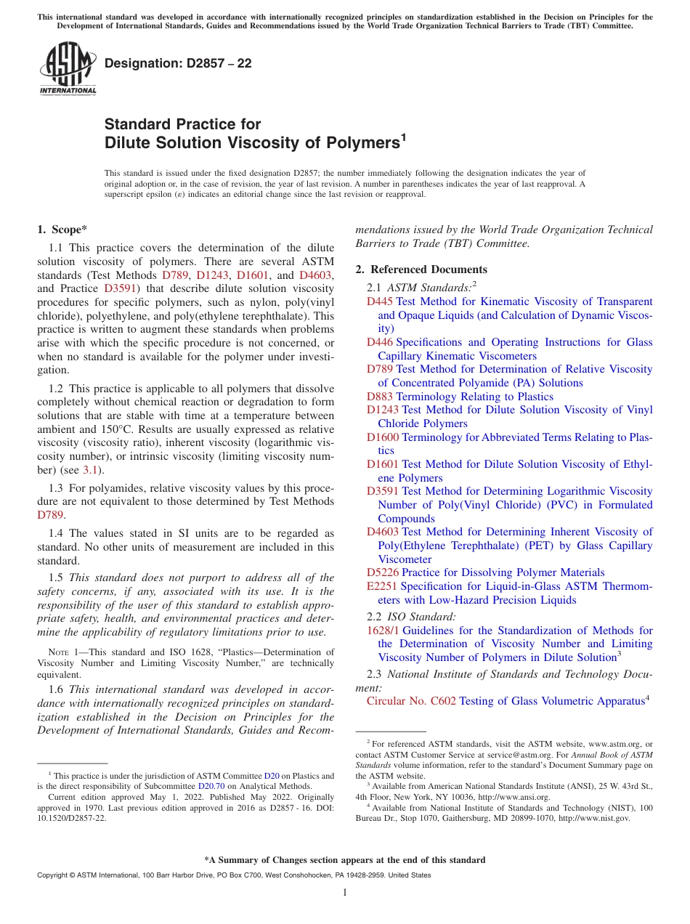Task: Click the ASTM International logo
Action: [68, 68]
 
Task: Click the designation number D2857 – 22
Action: [178, 63]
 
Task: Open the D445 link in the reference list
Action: [380, 301]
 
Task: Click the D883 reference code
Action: [380, 397]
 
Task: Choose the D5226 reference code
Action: [383, 572]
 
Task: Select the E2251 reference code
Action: [382, 586]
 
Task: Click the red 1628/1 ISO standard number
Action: [383, 631]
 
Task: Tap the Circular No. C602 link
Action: [411, 701]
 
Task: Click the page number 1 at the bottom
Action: [345, 893]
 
